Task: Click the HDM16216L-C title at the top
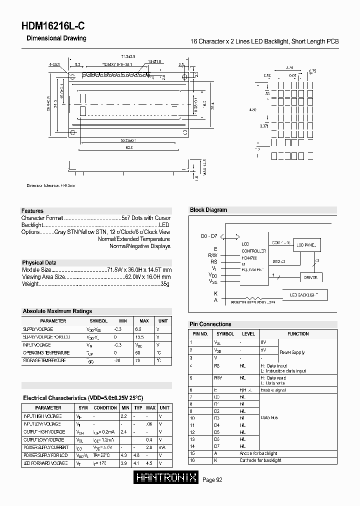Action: (x=49, y=27)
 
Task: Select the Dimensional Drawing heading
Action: (x=56, y=38)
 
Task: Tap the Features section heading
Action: (x=32, y=211)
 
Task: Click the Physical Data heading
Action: (x=39, y=262)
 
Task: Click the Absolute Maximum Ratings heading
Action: (x=57, y=311)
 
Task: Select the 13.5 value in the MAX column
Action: (x=140, y=337)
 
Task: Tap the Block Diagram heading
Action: (x=208, y=210)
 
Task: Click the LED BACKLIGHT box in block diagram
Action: (x=304, y=295)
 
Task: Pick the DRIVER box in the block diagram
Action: (x=310, y=277)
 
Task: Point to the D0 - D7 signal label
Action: (x=209, y=235)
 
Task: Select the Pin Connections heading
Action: (x=210, y=324)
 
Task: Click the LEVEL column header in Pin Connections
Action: (x=248, y=334)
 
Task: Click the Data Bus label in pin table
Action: (x=269, y=417)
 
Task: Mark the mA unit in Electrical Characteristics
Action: (x=160, y=447)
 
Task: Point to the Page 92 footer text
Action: (x=212, y=480)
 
